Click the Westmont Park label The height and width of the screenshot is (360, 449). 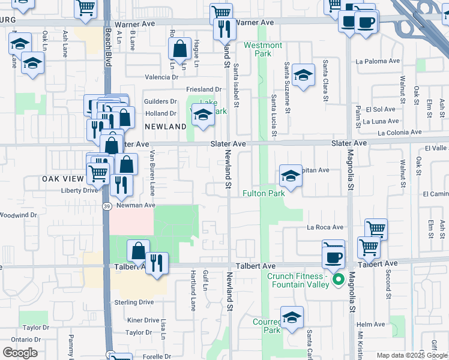[x=263, y=49]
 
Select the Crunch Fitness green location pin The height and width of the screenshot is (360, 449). [x=338, y=279]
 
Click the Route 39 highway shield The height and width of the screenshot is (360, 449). [x=106, y=206]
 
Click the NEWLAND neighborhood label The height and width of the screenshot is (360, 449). [x=166, y=127]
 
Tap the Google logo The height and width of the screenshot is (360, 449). [x=20, y=353]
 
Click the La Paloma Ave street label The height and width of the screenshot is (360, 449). [x=378, y=61]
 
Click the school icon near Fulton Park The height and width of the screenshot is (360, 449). [x=291, y=176]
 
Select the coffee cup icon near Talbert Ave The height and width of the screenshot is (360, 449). [x=333, y=256]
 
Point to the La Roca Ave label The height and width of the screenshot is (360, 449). [x=325, y=227]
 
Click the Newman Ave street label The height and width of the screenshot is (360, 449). [x=136, y=205]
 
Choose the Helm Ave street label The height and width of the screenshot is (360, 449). [x=370, y=324]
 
